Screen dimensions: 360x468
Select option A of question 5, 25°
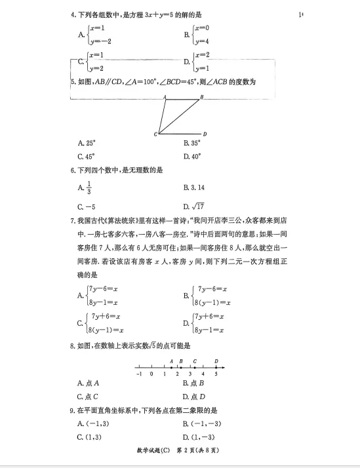tap(87, 142)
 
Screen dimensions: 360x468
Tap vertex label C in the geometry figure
tap(155, 134)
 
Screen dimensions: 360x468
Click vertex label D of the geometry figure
tap(205, 134)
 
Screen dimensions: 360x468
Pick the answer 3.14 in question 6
tap(194, 188)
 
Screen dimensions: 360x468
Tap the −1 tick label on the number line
tap(138, 374)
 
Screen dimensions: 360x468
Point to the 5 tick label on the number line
tap(216, 374)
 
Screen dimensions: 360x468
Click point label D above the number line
tap(216, 361)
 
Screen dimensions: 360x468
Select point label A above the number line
tap(170, 361)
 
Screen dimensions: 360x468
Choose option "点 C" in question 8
tap(87, 397)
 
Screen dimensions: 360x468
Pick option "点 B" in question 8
tap(194, 383)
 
